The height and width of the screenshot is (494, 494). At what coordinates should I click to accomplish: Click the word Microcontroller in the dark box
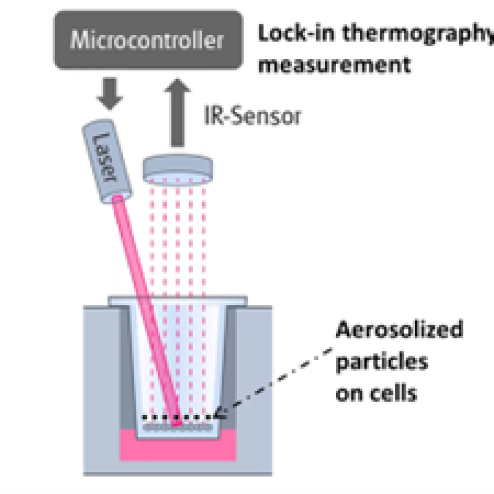point(147,40)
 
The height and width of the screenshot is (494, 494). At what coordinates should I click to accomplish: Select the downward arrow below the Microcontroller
point(110,93)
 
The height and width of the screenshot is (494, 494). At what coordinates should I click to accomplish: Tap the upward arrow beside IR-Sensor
point(177,112)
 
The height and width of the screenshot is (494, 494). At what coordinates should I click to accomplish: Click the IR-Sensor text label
point(253,115)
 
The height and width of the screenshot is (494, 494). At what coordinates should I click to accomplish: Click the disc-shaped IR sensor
point(178,169)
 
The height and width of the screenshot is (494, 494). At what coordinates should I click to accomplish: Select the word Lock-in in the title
point(296,33)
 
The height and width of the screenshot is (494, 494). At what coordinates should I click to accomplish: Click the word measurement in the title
point(335,64)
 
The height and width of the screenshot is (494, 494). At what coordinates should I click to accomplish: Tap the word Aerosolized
point(400,329)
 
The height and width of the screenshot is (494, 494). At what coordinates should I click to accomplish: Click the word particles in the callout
point(382,362)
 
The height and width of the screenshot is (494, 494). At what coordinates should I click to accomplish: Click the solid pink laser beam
point(147,311)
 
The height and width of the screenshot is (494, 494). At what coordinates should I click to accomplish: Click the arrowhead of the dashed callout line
point(220,413)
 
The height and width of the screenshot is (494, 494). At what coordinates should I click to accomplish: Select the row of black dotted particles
point(177,418)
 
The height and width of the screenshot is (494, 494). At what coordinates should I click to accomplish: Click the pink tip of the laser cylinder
point(117,198)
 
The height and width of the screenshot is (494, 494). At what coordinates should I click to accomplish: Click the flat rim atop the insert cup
point(178,301)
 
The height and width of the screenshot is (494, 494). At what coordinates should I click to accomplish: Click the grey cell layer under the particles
point(177,427)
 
